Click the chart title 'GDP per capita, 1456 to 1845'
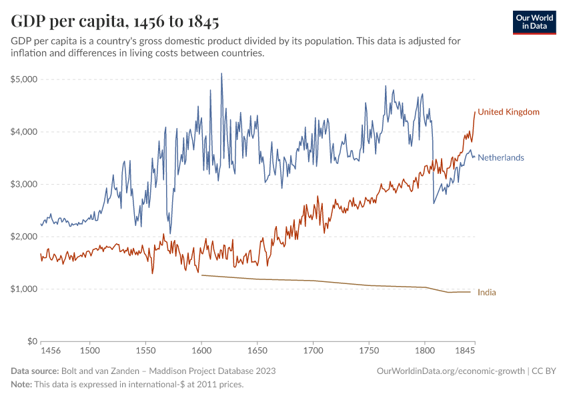click(x=115, y=21)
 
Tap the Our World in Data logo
click(x=534, y=22)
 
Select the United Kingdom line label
click(x=508, y=112)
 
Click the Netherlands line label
click(x=500, y=158)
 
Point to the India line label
click(x=487, y=292)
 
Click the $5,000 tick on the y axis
click(x=23, y=79)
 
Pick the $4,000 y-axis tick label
click(x=23, y=132)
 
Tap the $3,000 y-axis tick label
click(x=23, y=184)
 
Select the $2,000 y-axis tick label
click(x=23, y=237)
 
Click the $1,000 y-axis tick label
click(x=23, y=289)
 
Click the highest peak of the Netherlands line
click(x=221, y=73)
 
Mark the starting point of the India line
click(x=201, y=275)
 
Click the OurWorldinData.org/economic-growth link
click(x=452, y=371)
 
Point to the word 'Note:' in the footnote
click(x=23, y=385)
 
